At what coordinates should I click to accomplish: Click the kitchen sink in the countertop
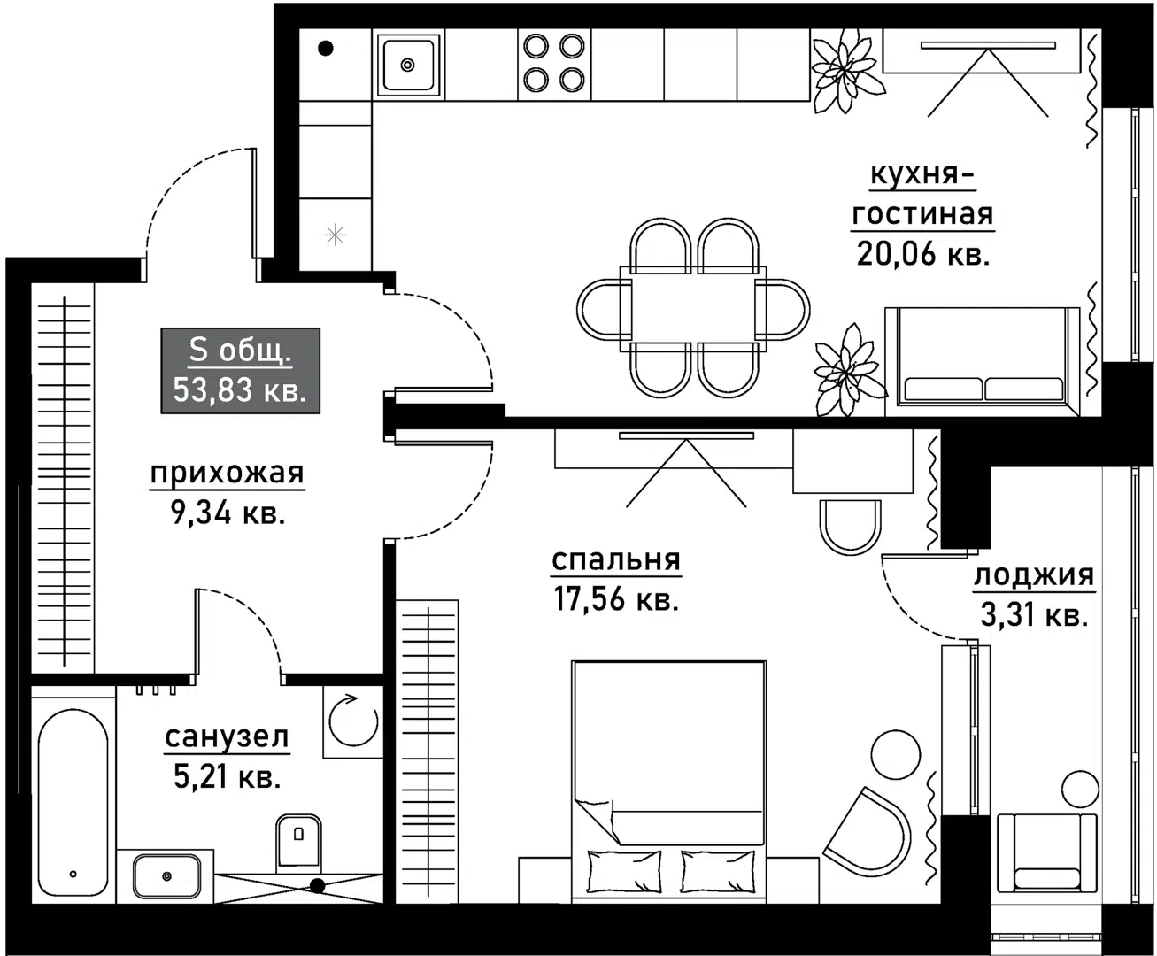pos(408,65)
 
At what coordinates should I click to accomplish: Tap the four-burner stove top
pos(554,64)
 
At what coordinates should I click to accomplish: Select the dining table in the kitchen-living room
pos(693,309)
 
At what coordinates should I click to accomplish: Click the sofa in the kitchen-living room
pos(983,361)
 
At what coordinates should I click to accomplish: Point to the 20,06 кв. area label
pos(923,254)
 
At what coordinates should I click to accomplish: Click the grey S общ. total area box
pos(240,370)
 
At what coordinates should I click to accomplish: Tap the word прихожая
pos(228,474)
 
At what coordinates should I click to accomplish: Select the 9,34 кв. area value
pos(228,513)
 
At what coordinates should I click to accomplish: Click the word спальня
pos(616,561)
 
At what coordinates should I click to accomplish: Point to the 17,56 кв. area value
pos(616,599)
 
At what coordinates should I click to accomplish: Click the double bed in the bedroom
pos(669,782)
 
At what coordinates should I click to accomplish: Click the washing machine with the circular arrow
pos(353,721)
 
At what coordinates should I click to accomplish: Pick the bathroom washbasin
pos(166,876)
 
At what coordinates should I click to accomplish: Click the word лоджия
pos(1034,576)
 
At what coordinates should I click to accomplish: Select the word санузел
pos(227,737)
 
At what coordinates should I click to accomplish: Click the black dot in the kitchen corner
pos(326,49)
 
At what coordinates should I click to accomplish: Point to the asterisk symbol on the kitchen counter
pos(336,235)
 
